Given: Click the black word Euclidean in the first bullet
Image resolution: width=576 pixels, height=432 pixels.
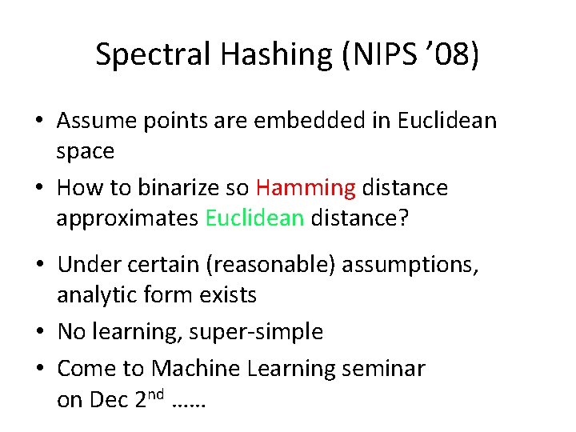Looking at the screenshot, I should [x=446, y=122].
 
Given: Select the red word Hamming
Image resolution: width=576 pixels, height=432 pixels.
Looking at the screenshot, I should [x=306, y=189].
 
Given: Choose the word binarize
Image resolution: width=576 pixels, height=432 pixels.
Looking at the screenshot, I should [x=178, y=189].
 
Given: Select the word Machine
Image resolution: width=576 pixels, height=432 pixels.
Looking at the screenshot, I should [x=195, y=369].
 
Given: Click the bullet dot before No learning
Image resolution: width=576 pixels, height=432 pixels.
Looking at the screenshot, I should [x=41, y=333].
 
